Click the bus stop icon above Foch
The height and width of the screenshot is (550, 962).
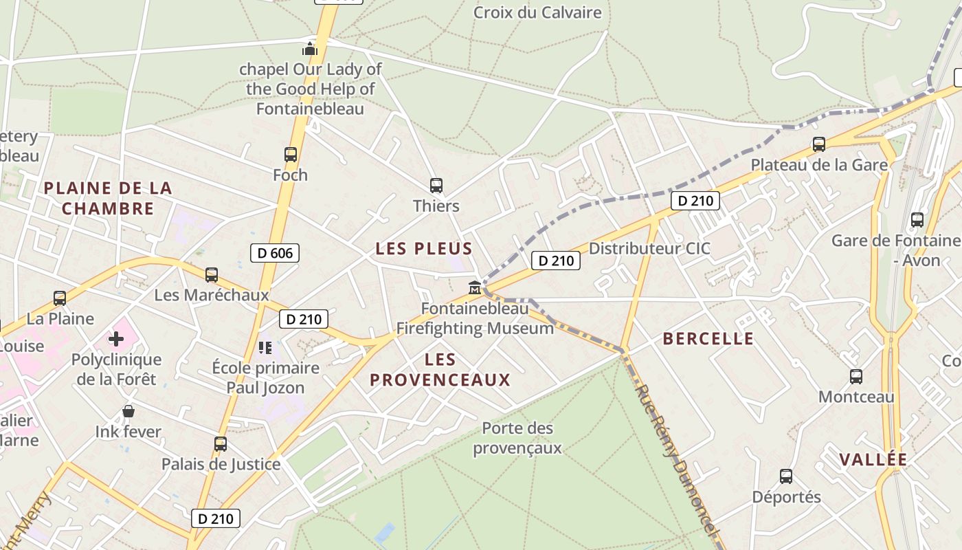point(291,155)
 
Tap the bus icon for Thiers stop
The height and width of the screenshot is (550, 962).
point(436,186)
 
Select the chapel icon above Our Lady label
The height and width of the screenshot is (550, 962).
point(310,49)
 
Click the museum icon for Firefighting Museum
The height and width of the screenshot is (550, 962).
point(475,287)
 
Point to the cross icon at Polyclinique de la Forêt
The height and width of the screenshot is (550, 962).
point(116,339)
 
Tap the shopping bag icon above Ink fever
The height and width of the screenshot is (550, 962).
point(128,412)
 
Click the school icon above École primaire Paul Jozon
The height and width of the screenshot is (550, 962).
point(265,348)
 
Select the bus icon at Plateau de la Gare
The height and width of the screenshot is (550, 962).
point(818,144)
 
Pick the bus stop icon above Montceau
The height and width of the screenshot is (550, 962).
point(855,377)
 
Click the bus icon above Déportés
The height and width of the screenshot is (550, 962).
point(786,476)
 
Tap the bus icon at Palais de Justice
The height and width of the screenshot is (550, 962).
point(221,444)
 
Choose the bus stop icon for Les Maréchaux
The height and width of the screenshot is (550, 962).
point(212,275)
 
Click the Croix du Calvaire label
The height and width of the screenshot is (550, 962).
point(537,12)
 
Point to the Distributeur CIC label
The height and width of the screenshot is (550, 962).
point(649,248)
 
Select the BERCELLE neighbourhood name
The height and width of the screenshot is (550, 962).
point(708,338)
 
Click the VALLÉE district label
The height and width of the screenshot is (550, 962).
point(873,460)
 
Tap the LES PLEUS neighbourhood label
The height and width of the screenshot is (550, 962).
point(424,249)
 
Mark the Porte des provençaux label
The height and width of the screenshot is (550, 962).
point(517,438)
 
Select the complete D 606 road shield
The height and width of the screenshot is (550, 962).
point(275,253)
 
